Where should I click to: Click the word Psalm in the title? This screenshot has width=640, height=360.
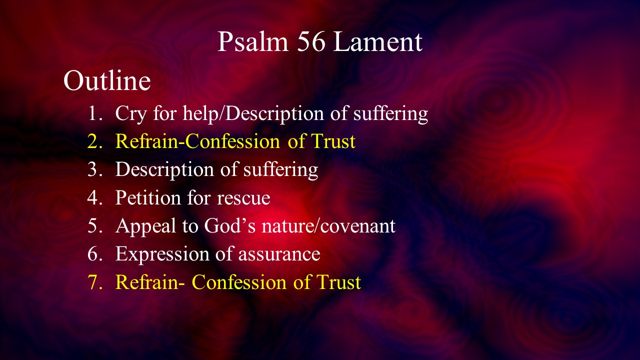point(253,41)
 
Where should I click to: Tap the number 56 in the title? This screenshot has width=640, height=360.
point(311,41)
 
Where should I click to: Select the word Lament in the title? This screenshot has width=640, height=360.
point(377,41)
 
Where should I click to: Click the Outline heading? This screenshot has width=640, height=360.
point(107,80)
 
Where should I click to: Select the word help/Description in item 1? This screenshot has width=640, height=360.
point(253,113)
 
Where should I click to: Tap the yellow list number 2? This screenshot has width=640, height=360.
point(95,141)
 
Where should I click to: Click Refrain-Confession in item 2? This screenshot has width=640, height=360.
point(197,141)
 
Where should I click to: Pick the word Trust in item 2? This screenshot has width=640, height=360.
point(333,141)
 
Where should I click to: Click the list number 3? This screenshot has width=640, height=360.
point(95,169)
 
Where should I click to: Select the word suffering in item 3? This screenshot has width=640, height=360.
point(280,169)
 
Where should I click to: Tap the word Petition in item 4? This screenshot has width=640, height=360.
point(148,197)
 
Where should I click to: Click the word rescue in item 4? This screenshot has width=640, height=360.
point(243,199)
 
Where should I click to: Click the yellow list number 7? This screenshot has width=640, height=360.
point(95,282)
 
